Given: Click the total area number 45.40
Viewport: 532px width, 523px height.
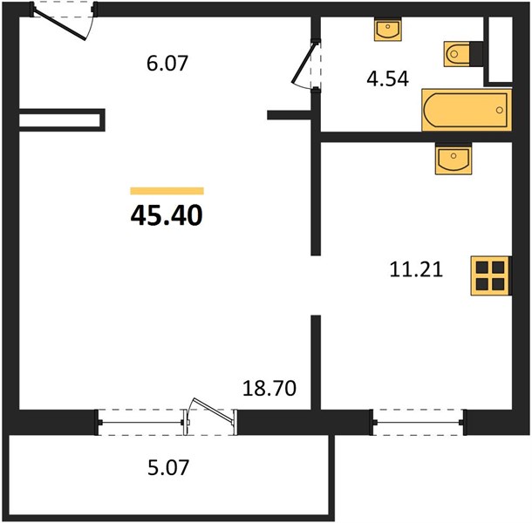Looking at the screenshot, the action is tap(167, 215).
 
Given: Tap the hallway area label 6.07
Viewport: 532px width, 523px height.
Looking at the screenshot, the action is tap(167, 64).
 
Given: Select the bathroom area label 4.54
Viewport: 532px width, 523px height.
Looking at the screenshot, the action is tap(388, 79).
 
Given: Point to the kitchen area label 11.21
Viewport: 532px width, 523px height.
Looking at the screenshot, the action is tap(416, 270).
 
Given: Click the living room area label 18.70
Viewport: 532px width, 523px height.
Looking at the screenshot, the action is tap(269, 389).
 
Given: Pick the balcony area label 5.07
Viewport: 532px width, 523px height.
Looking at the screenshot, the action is tap(168, 467).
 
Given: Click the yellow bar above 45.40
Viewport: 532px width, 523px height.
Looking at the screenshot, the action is tap(167, 191).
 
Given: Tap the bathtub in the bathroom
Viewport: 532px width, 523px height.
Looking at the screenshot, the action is tap(467, 110).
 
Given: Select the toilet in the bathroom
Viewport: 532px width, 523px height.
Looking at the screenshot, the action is tap(463, 54).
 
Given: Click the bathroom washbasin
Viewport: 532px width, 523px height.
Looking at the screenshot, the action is tap(388, 29).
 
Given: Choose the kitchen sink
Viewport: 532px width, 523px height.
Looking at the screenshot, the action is tap(454, 159).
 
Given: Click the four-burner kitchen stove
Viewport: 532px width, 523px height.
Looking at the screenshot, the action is tap(491, 275).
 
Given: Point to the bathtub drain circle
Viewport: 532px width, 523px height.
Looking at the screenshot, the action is tap(500, 110).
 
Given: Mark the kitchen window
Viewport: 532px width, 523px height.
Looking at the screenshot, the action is tap(419, 422).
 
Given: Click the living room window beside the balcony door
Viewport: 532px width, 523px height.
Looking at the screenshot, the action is tap(140, 423).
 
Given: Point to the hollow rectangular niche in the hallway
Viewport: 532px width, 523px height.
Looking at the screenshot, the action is tap(62, 120).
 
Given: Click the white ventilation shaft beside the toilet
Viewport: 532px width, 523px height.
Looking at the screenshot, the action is tap(501, 49).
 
